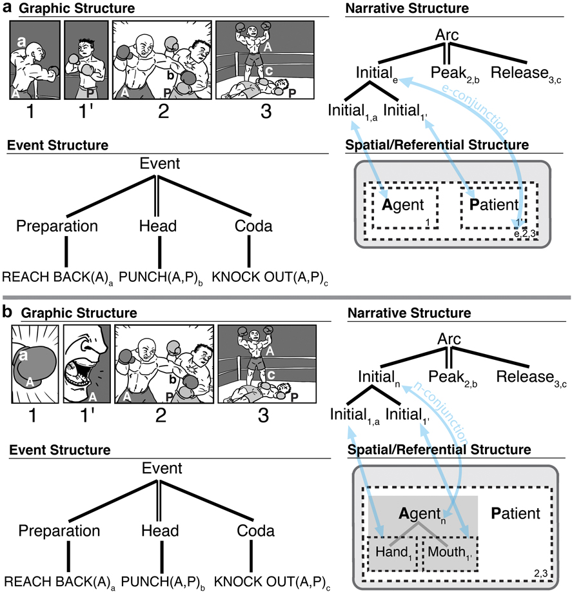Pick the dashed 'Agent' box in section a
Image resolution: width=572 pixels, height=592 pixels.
coord(404,208)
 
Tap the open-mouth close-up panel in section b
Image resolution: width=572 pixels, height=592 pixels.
coord(86,362)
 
